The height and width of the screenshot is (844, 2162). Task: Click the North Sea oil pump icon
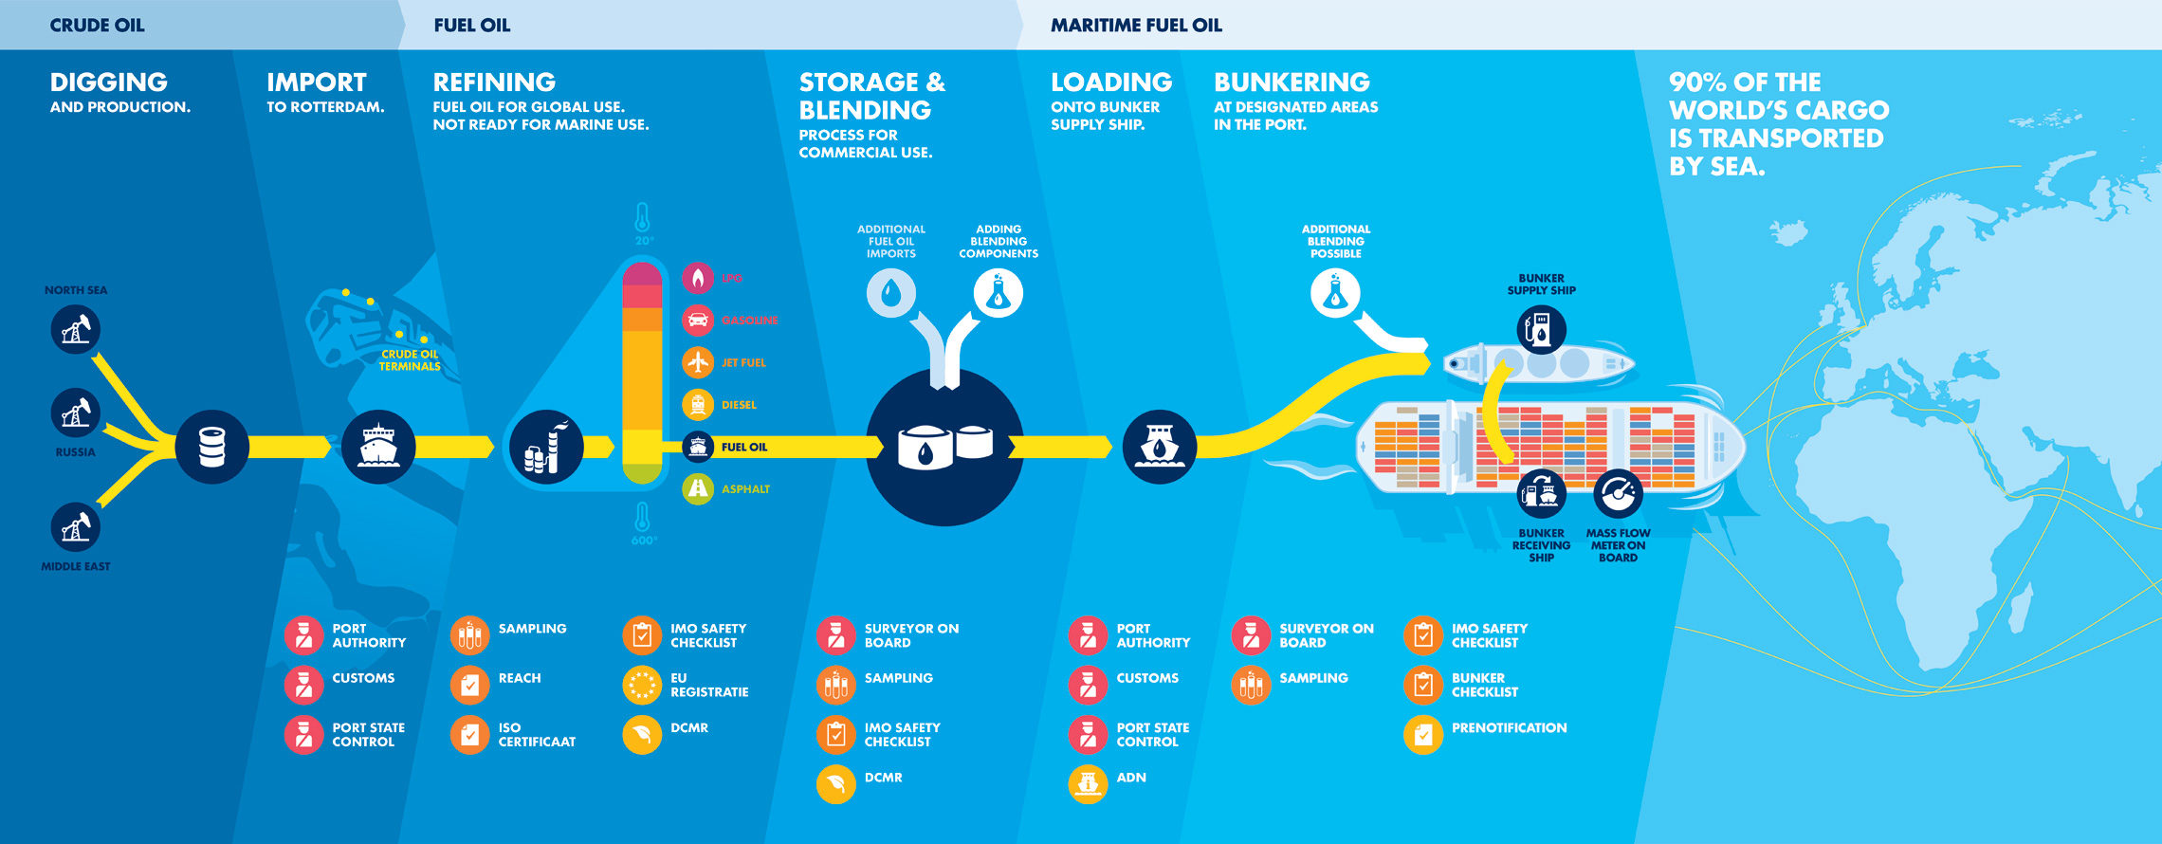76,330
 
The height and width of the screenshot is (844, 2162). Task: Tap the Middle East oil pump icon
76,527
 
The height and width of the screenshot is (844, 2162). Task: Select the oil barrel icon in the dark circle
212,447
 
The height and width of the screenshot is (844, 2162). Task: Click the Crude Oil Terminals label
410,360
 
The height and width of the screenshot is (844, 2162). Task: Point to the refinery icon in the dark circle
546,448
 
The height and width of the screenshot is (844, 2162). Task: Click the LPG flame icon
698,278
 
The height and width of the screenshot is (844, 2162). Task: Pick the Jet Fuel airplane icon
698,362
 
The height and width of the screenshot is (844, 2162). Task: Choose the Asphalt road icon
698,488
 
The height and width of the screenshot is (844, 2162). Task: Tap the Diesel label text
739,405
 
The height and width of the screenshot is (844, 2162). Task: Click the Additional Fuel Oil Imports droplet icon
891,293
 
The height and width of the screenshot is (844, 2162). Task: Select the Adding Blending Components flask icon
998,293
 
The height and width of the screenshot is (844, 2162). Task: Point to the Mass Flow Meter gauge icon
1618,493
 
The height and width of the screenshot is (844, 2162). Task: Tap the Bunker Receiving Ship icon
1541,493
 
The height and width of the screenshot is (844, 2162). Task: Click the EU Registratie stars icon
642,685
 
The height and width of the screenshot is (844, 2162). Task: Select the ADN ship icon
1088,783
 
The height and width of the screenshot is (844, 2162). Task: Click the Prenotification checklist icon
1422,734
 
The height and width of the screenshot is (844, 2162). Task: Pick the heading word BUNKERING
1292,83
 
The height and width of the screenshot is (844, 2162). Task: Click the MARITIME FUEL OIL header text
1136,26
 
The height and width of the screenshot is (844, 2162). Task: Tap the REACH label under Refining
520,678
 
